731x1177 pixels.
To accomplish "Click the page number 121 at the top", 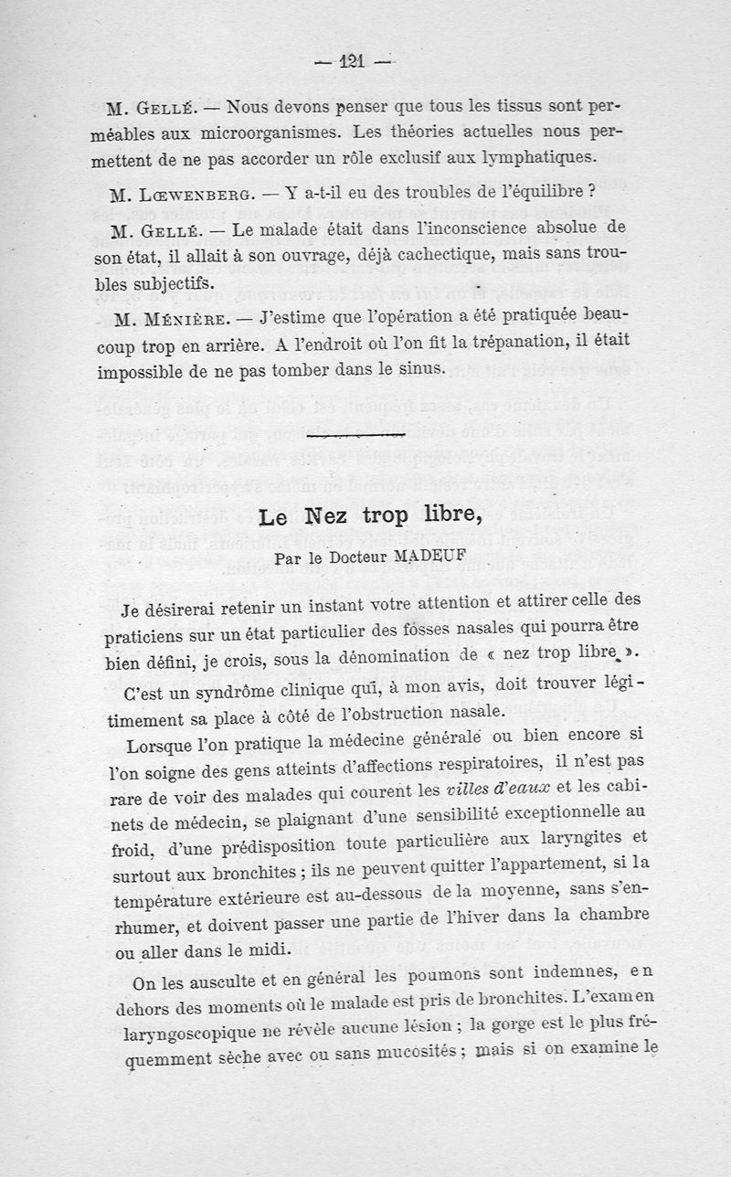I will tap(351, 61).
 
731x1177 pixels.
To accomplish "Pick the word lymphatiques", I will tap(538, 156).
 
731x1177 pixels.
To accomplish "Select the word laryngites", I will tap(576, 838).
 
